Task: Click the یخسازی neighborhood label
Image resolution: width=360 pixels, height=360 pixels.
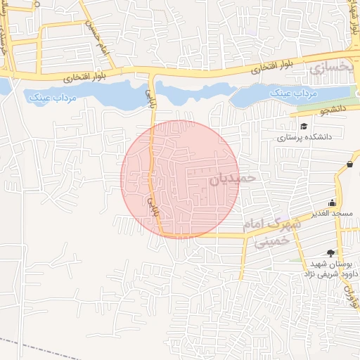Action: (328, 68)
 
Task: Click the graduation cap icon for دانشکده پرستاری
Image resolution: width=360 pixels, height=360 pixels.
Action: (303, 127)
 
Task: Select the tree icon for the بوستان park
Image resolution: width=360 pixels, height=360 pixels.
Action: (331, 252)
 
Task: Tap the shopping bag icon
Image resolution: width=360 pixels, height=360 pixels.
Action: (349, 165)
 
